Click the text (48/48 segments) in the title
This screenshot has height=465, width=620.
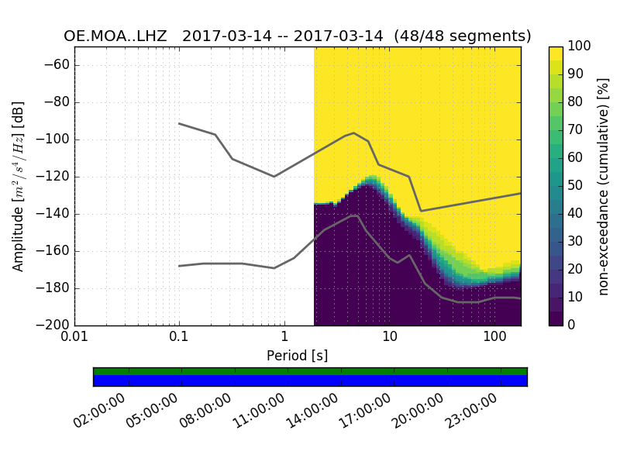[463, 36]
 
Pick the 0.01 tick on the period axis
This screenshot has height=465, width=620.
[74, 339]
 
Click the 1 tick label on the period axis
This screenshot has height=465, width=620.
[284, 339]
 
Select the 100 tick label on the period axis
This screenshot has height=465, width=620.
[494, 339]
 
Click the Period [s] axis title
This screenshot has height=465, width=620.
[298, 356]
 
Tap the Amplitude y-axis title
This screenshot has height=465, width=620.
[19, 186]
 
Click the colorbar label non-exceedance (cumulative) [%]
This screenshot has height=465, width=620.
[604, 186]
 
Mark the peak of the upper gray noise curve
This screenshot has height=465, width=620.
[354, 133]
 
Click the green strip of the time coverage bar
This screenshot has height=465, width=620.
[310, 371]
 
